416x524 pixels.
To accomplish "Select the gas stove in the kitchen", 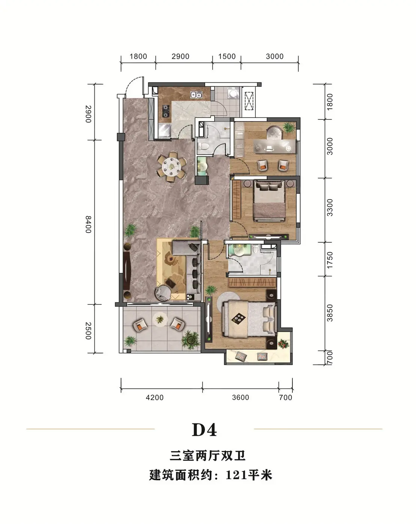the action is point(166,111).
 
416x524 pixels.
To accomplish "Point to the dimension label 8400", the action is point(88,224).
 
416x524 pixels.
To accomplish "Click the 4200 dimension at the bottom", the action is point(155,397).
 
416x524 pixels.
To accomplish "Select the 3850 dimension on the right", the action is point(330,313).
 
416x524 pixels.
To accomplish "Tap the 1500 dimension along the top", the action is point(227,57).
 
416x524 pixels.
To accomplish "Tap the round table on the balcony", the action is point(160,319).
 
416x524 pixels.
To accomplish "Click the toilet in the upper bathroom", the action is point(203,146).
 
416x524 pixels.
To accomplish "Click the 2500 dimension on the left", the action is point(88,330).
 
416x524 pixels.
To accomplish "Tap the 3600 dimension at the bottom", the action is point(240,397).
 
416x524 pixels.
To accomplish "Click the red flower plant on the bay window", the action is point(283,344).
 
